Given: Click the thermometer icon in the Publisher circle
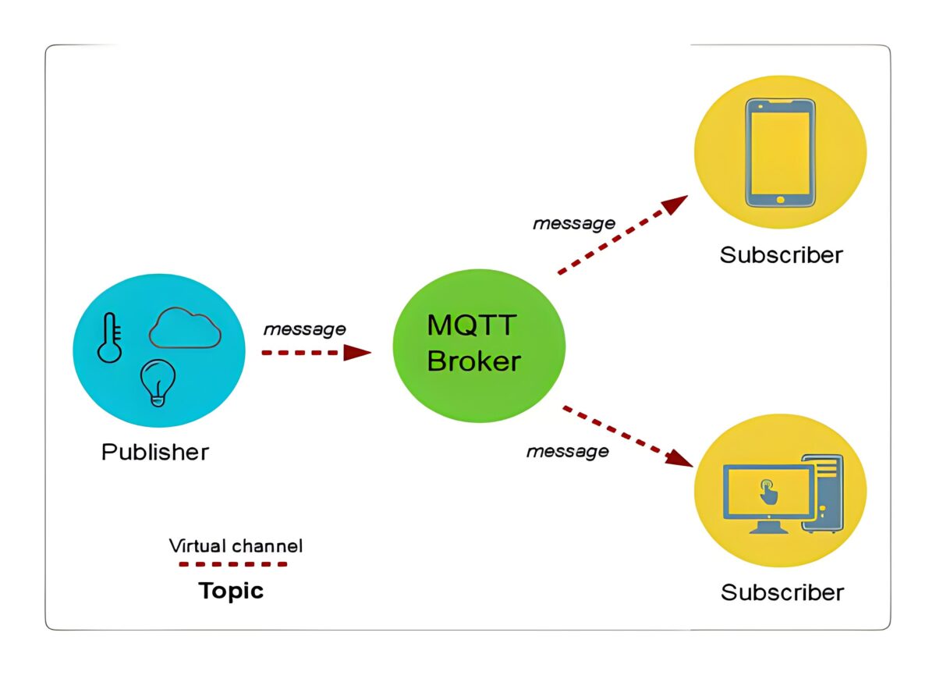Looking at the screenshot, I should click(x=110, y=338).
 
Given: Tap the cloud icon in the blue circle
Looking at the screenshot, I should click(x=185, y=329).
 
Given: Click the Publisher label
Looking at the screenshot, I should click(x=155, y=452).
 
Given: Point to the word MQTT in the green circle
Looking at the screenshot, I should click(x=472, y=325).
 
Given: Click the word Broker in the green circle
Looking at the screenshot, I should click(x=473, y=361).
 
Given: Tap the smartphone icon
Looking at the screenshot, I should click(x=780, y=152).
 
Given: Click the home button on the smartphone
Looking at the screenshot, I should click(x=781, y=200).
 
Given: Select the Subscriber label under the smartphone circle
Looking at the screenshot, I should click(x=781, y=255).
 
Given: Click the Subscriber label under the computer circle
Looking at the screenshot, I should click(x=782, y=592).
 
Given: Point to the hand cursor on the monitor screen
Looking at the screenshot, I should click(x=768, y=492).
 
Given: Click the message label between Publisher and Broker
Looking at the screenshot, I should click(x=304, y=329).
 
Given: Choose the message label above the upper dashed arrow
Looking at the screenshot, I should click(x=573, y=224).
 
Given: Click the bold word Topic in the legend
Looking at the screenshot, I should click(x=231, y=591).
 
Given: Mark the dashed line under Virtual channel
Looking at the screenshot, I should click(x=232, y=563).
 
